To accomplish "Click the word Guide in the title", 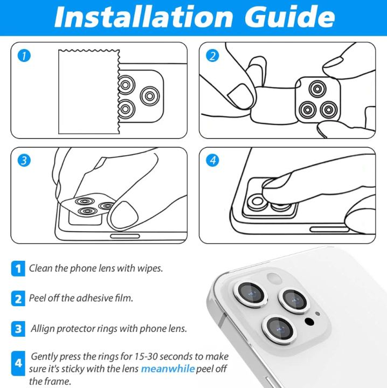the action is click(290, 17).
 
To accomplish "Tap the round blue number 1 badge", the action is click(24, 56).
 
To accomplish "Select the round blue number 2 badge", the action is click(212, 56).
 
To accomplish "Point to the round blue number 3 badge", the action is click(24, 161).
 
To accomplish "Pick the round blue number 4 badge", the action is click(212, 161).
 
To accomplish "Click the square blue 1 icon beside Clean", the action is click(18, 268).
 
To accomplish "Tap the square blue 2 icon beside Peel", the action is click(18, 299).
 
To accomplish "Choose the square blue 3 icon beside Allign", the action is click(18, 329).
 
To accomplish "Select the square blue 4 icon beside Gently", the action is click(18, 363).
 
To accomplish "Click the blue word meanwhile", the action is click(168, 369).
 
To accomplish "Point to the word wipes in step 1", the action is click(150, 269).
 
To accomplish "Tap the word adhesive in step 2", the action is click(94, 298).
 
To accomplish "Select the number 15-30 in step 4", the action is click(146, 357).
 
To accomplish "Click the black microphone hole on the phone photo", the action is click(309, 321).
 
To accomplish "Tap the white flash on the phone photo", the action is click(274, 278).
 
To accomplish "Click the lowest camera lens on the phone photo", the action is click(279, 330).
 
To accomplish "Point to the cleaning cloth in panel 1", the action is click(89, 92).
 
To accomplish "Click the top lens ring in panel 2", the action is click(317, 88).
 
